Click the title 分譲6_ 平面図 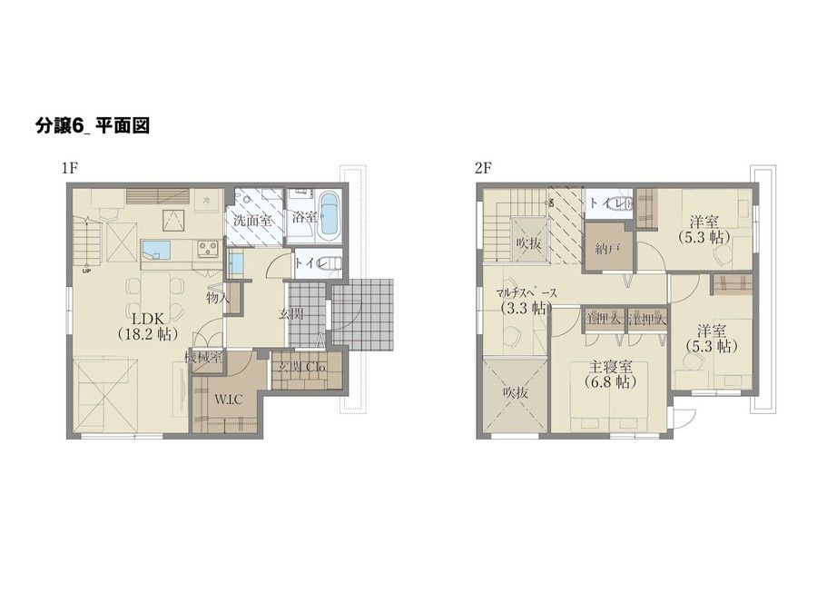[92, 125]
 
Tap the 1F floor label [69, 168]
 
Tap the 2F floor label [482, 168]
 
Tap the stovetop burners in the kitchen [205, 248]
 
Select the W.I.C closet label [228, 399]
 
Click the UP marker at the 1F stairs [86, 271]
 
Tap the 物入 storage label [217, 297]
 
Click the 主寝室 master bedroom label [606, 367]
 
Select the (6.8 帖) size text [606, 382]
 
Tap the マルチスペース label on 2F [533, 292]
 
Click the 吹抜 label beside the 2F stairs [528, 243]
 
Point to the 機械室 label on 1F [203, 357]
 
